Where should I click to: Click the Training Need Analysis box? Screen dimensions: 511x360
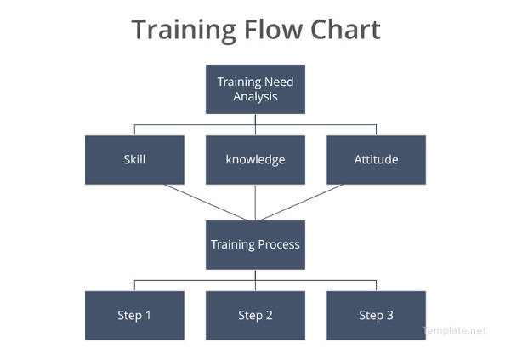pos(255,89)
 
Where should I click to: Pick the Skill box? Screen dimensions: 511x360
pos(134,160)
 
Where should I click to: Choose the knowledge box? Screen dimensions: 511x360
pos(255,160)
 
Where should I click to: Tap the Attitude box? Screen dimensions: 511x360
pos(376,160)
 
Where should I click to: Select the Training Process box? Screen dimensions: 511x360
pos(255,245)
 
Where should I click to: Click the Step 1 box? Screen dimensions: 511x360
pos(134,316)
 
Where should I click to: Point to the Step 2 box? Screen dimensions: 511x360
pos(255,316)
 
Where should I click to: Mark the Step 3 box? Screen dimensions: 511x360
pos(376,316)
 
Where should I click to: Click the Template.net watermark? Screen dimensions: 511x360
pos(454,330)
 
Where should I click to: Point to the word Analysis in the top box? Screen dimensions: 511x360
pos(255,97)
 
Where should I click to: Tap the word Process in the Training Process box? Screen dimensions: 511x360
pos(280,245)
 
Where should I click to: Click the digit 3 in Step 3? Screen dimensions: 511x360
pos(389,316)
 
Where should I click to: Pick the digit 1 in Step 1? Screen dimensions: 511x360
pos(148,316)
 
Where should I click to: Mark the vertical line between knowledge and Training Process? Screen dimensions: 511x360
pos(255,203)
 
